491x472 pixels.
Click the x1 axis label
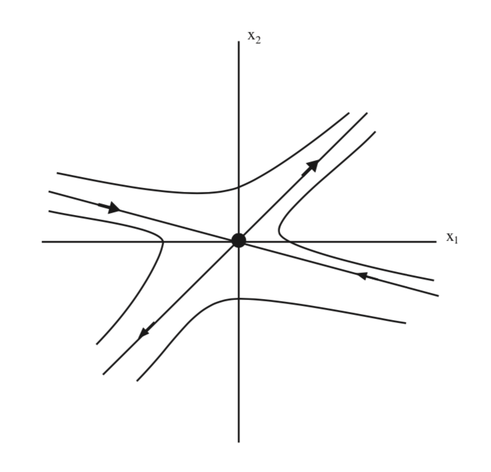coord(452,238)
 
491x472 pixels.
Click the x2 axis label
coord(254,37)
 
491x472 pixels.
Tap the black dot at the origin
coord(239,241)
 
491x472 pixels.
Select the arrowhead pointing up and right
coord(311,167)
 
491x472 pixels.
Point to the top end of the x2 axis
coord(239,41)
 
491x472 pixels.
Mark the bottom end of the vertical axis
coord(239,442)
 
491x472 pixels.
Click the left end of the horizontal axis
coord(42,242)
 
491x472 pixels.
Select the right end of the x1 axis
coord(436,242)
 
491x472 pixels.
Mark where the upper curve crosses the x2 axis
coord(239,187)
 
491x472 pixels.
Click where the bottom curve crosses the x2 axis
coord(239,299)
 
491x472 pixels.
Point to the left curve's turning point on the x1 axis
coord(163,241)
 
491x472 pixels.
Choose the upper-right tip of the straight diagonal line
coord(367,113)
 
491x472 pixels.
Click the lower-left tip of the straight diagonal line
coord(103,374)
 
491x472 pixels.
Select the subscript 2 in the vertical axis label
coord(258,40)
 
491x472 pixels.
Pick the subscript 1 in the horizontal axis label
coord(456,240)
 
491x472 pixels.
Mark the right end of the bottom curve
coord(406,323)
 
